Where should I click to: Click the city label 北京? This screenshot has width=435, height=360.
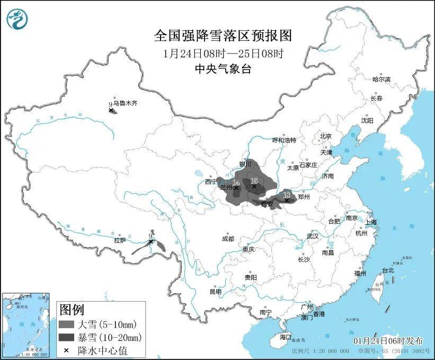click(x=325, y=136)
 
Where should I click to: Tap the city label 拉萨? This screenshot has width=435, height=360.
click(x=119, y=240)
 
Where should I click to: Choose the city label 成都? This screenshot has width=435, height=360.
click(x=228, y=239)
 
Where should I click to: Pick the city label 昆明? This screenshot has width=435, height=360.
click(x=215, y=292)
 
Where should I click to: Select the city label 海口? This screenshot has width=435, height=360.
click(x=286, y=337)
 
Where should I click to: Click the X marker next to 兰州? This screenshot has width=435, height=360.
click(x=237, y=188)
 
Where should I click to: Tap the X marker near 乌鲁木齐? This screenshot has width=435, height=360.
click(x=111, y=110)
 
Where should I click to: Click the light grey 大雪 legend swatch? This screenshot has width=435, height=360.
click(x=67, y=324)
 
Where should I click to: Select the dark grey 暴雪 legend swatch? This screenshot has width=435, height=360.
click(x=67, y=337)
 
